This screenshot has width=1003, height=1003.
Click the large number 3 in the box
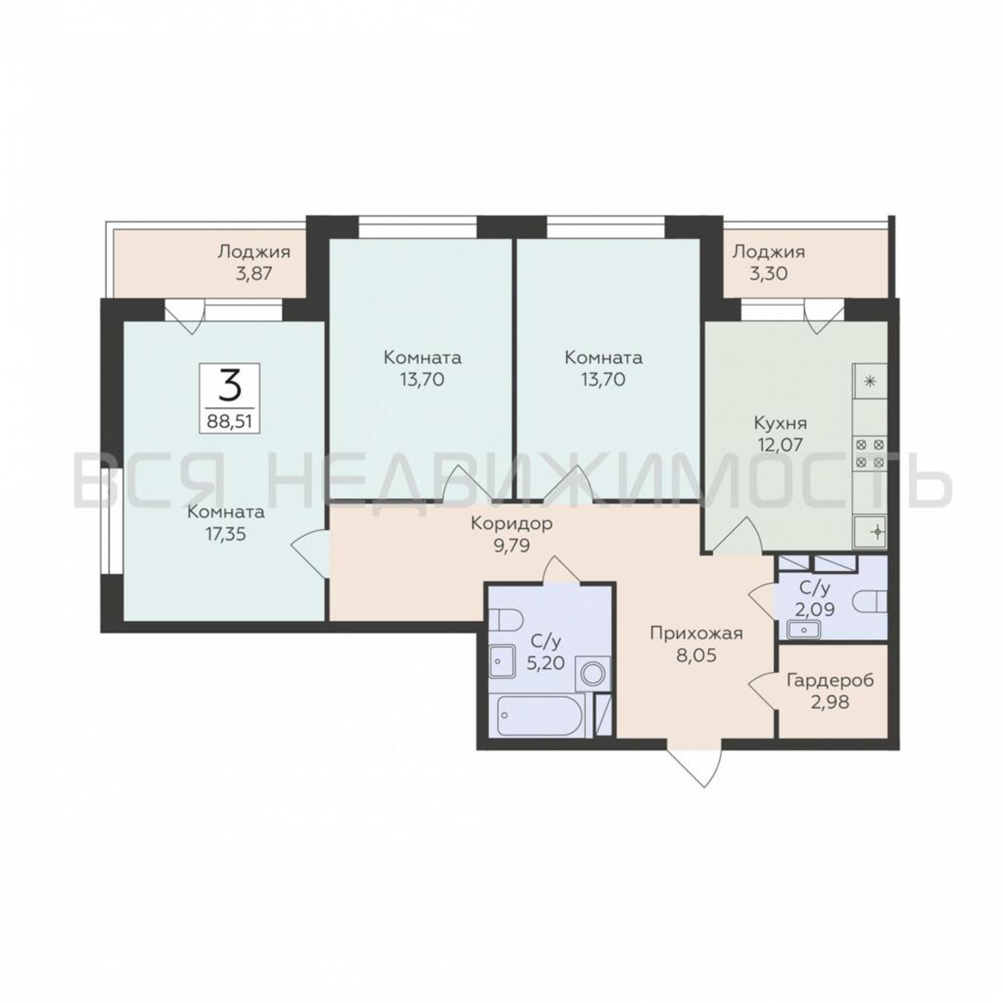pyautogui.click(x=230, y=385)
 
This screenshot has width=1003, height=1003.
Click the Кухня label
pyautogui.click(x=780, y=424)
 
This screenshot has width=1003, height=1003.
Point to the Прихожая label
pyautogui.click(x=697, y=633)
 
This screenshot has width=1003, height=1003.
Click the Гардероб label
pyautogui.click(x=830, y=680)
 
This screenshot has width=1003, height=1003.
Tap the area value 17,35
pyautogui.click(x=225, y=534)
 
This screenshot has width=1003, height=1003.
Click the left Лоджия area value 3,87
pyautogui.click(x=254, y=274)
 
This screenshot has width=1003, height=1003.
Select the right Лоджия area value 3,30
pyautogui.click(x=768, y=274)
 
